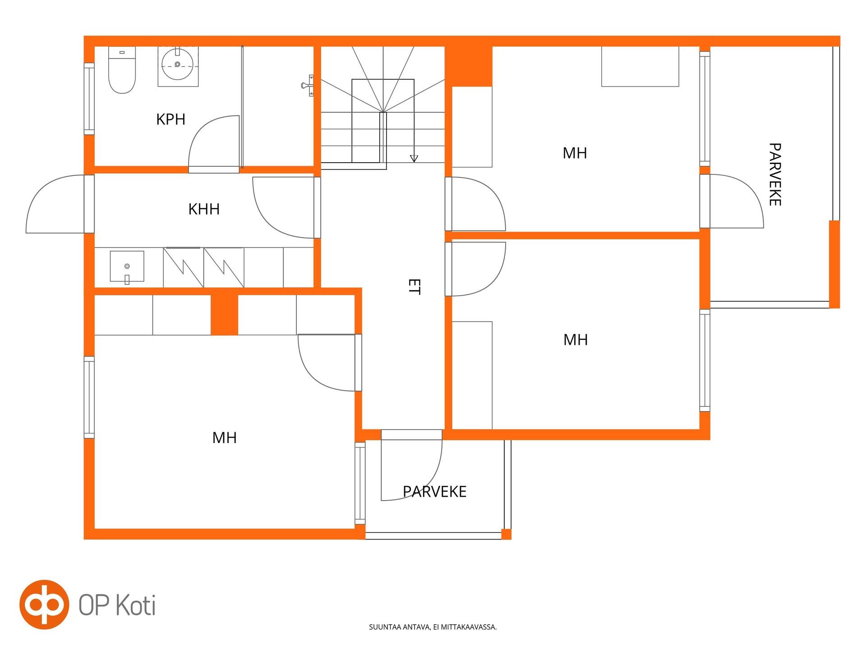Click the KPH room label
tap(170, 119)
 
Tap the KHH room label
tap(204, 209)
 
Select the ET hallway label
tap(414, 287)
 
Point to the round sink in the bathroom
tap(177, 64)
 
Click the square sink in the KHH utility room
tap(127, 267)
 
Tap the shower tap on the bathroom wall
tap(308, 85)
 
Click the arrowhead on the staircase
tap(414, 159)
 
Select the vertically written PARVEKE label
tap(775, 174)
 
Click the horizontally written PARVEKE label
tap(434, 491)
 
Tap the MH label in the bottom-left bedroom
tap(224, 438)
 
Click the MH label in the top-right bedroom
tap(575, 153)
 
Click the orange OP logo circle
tap(44, 604)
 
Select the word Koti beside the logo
tap(136, 605)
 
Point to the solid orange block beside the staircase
tap(469, 66)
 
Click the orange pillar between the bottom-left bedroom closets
tap(224, 315)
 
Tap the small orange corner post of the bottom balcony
tap(507, 534)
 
